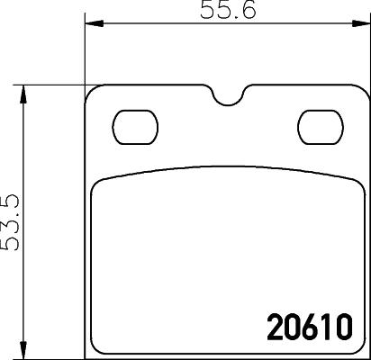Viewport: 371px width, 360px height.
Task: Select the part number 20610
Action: coord(308,325)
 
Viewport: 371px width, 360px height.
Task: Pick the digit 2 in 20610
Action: coord(275,325)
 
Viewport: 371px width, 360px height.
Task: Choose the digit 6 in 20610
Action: coord(308,325)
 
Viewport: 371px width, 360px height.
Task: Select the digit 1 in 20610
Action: coord(325,325)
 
